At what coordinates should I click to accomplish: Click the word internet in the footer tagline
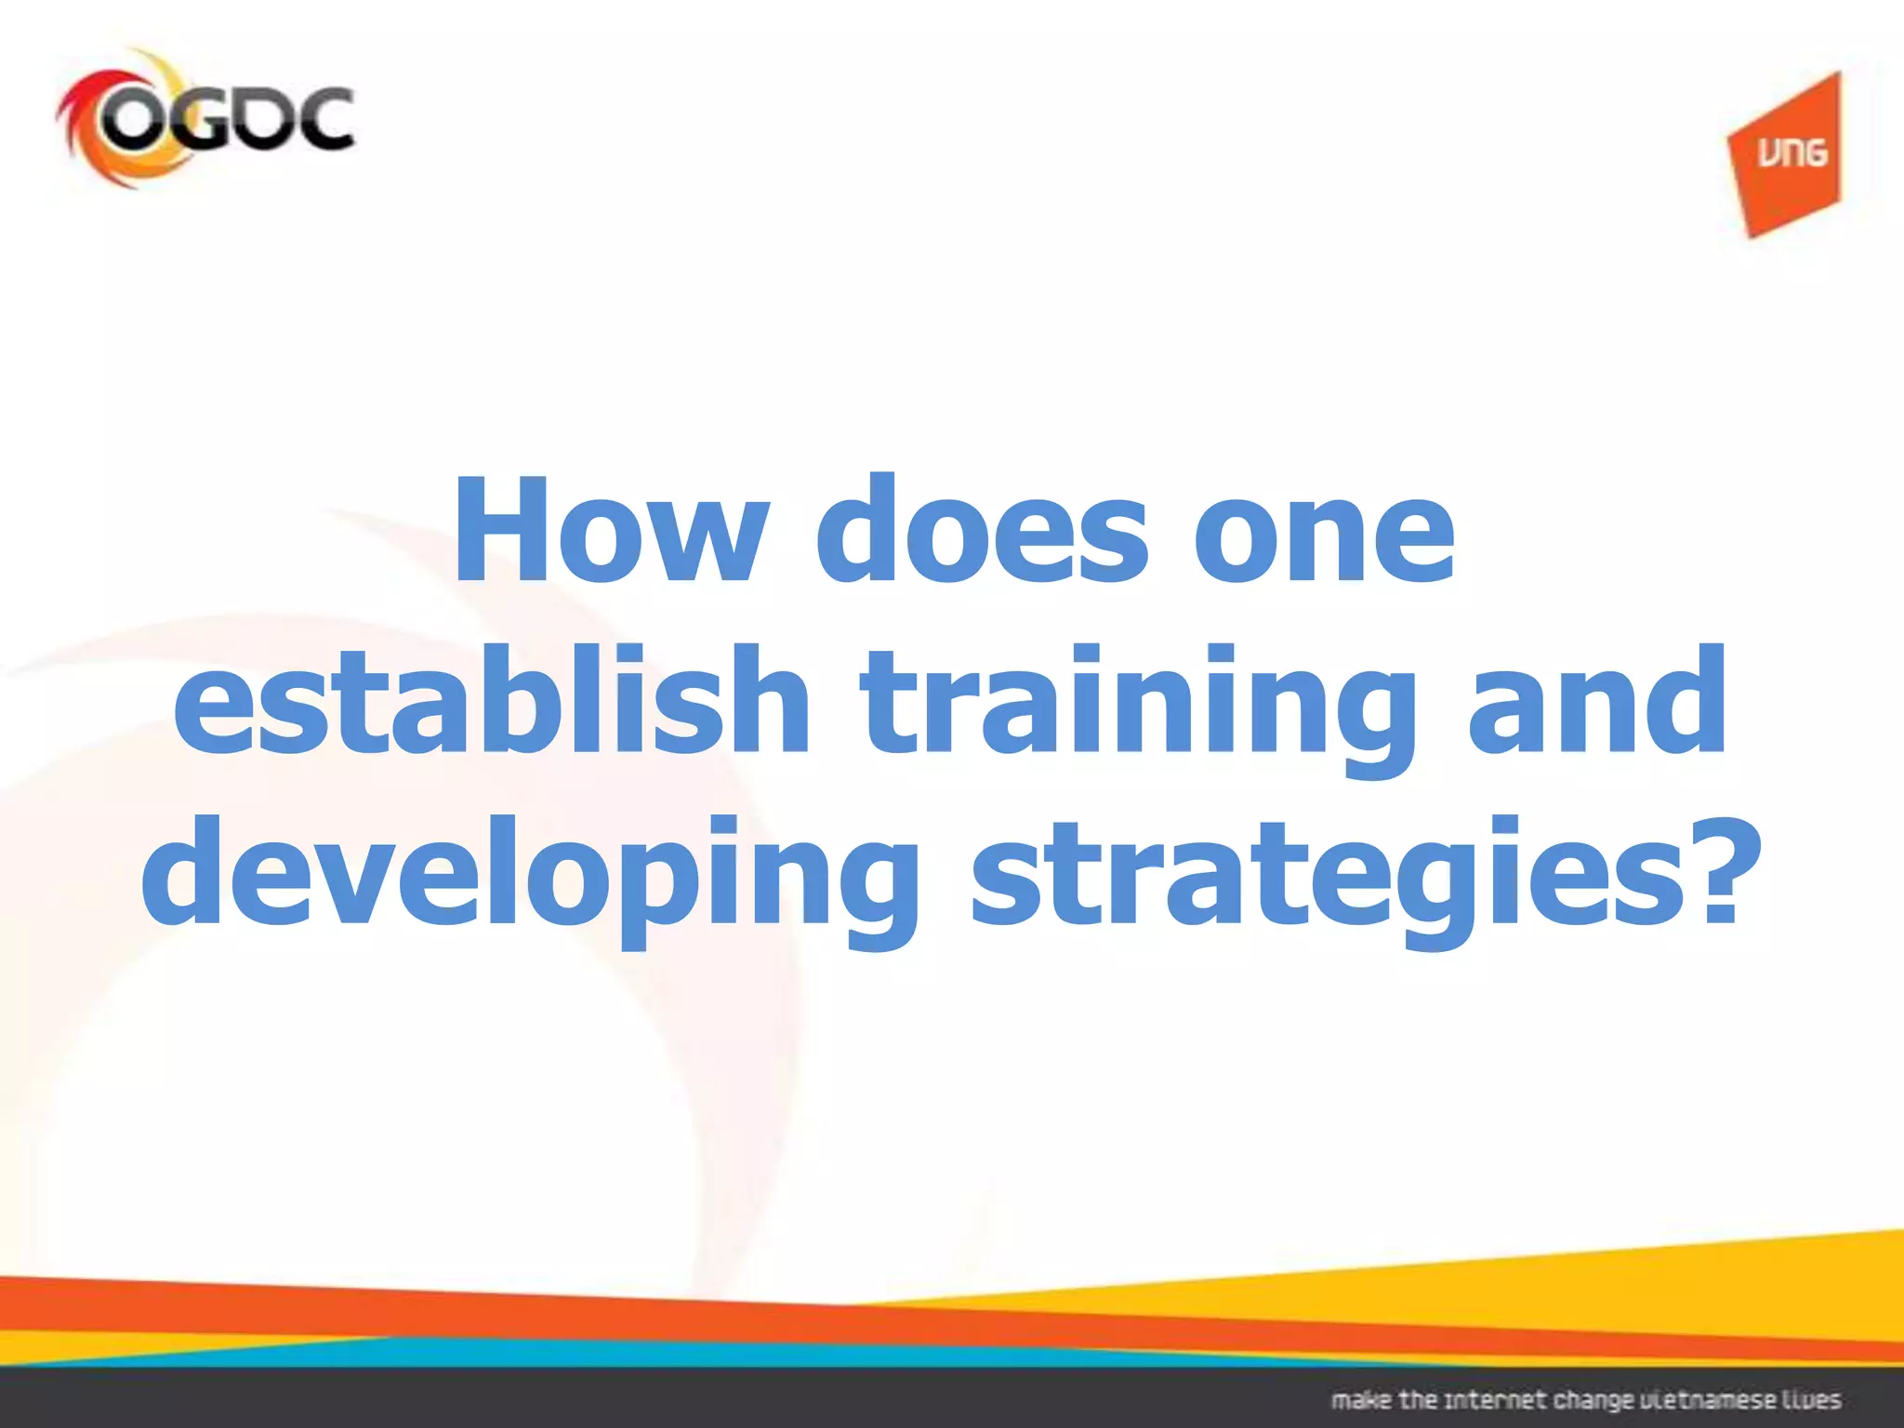[1496, 1400]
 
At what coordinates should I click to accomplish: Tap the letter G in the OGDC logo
[201, 121]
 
